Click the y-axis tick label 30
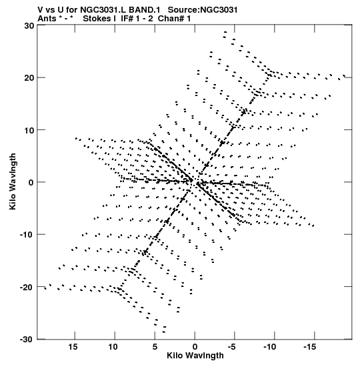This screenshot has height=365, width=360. (x=29, y=26)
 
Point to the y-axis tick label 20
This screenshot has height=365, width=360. (x=29, y=78)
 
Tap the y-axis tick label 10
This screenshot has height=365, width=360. (x=29, y=130)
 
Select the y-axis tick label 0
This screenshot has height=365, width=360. (x=31, y=182)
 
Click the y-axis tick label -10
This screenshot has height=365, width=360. (x=27, y=235)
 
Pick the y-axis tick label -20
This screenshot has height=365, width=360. (x=27, y=287)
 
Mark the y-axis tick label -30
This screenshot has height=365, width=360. (x=27, y=339)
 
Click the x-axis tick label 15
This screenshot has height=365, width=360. (x=73, y=347)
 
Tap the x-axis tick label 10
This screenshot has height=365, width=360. (x=113, y=347)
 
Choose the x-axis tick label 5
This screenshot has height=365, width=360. (x=155, y=347)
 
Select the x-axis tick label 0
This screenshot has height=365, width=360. (x=195, y=347)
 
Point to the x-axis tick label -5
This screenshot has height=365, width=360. (x=231, y=347)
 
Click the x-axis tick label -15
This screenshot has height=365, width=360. (x=310, y=347)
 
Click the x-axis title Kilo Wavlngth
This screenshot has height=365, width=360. (x=195, y=356)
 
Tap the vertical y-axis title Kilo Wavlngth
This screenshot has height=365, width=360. (x=13, y=181)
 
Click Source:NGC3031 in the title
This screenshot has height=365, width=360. (x=203, y=10)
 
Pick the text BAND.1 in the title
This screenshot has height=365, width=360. (x=145, y=10)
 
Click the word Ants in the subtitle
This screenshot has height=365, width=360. (x=47, y=19)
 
